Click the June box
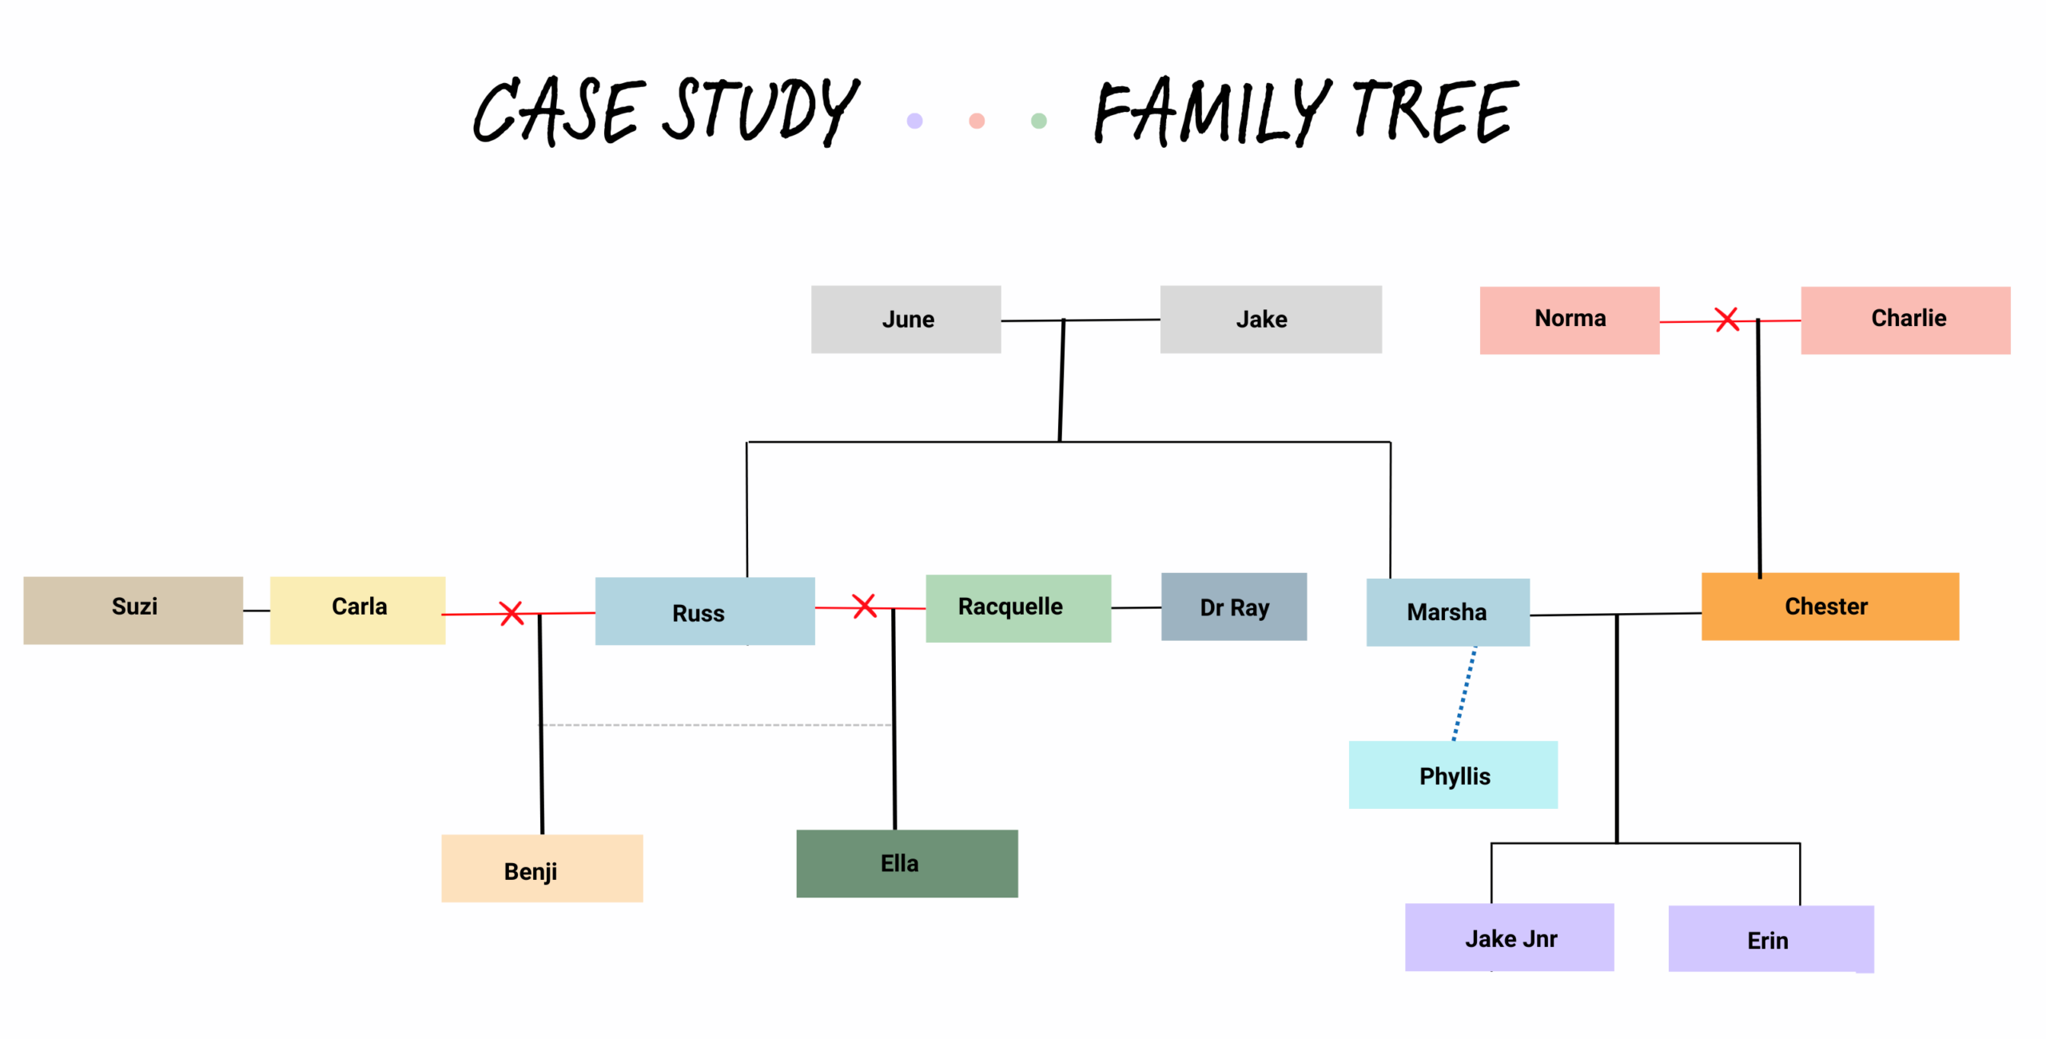point(906,319)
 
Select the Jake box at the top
point(1271,319)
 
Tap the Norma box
point(1570,320)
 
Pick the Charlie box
point(1905,320)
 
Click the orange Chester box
point(1830,606)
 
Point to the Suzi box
point(133,610)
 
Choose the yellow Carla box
point(357,610)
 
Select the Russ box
point(705,611)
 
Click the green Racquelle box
point(1018,608)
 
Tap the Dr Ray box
point(1234,606)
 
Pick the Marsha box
point(1448,612)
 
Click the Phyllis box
point(1453,774)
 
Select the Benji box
point(542,868)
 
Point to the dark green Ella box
point(907,863)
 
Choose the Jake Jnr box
point(1510,937)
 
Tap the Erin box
point(1771,938)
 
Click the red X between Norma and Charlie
point(1727,320)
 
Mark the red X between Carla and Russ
point(511,613)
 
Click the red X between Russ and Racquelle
point(864,606)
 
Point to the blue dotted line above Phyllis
point(1464,694)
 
